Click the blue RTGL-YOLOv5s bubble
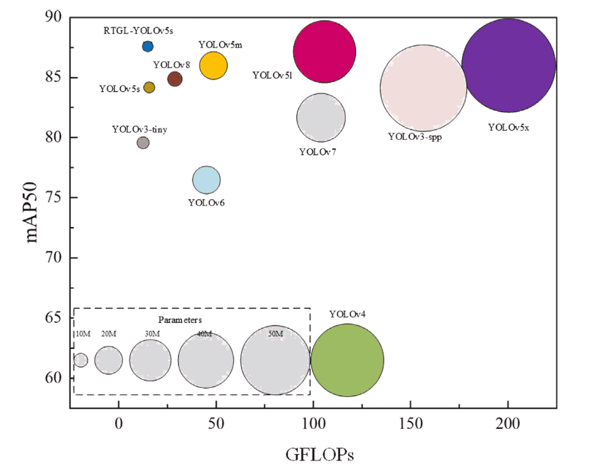(x=148, y=46)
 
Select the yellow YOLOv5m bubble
(x=213, y=66)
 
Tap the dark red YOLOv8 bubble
(x=175, y=78)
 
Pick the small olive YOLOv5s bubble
(x=149, y=87)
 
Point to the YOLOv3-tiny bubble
(x=143, y=143)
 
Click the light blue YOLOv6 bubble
(x=206, y=179)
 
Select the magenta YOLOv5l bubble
(x=325, y=51)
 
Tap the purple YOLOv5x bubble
(x=509, y=65)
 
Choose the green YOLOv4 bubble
(x=347, y=360)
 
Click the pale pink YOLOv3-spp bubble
(x=423, y=88)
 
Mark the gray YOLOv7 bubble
(x=321, y=118)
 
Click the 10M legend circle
(x=81, y=360)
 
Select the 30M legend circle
(x=151, y=360)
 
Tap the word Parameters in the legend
(x=180, y=319)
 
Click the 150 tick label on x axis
(x=410, y=424)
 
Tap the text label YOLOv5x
(x=509, y=128)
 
